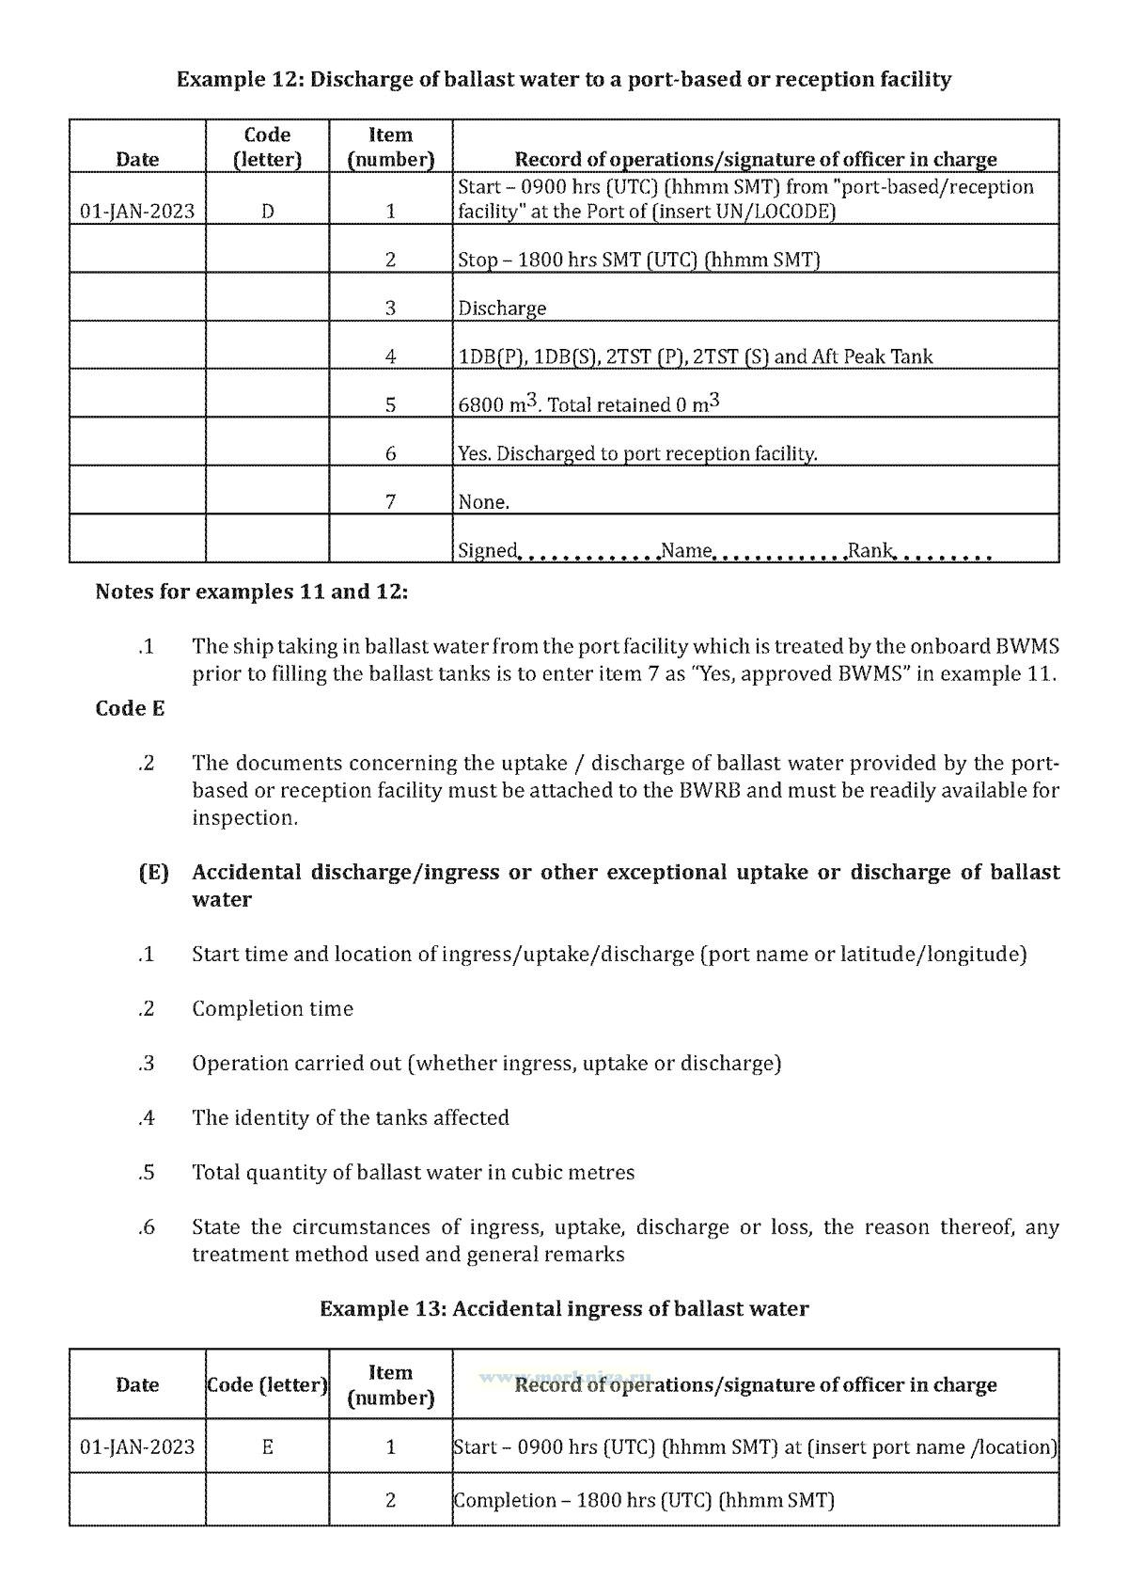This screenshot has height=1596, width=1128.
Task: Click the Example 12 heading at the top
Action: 564,79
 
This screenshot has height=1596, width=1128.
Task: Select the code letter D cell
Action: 268,211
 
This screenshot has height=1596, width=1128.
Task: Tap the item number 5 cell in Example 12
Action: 390,404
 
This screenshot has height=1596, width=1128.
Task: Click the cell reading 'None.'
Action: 484,502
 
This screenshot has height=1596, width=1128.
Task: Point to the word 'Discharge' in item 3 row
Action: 502,308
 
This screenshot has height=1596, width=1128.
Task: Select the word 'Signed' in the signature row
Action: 487,550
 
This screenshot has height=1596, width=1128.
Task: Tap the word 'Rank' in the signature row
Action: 869,550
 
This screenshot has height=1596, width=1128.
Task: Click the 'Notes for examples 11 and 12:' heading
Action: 252,592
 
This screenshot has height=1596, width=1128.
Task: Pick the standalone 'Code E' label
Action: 130,708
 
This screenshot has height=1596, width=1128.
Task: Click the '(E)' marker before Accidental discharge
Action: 153,872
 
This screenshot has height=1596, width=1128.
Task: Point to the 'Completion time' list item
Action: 273,1008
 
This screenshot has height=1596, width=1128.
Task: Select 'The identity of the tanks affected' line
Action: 351,1117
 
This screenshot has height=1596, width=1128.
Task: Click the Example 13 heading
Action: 564,1308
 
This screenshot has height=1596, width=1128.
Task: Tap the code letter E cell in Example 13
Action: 268,1446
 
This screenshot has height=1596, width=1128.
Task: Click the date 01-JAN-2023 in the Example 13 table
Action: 137,1446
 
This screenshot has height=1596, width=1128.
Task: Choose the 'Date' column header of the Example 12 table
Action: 137,159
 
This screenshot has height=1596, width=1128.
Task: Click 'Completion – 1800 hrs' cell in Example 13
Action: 644,1500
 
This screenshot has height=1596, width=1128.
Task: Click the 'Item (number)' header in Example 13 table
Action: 390,1384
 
